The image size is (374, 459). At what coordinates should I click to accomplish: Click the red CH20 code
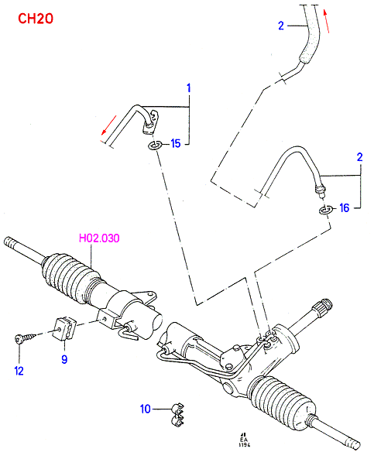(36, 19)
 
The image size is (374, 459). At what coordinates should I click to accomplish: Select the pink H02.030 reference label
(99, 238)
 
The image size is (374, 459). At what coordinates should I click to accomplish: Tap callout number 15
(176, 143)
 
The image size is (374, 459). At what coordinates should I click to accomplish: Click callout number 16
(345, 208)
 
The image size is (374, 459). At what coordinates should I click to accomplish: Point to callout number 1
(189, 87)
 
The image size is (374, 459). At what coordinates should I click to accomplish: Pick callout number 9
(64, 359)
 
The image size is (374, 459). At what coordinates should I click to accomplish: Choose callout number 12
(19, 371)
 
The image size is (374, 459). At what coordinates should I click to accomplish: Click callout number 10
(146, 409)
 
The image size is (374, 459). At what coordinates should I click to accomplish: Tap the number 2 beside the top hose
(281, 26)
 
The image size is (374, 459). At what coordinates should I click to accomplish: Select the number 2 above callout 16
(360, 157)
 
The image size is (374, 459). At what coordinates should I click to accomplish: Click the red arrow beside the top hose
(327, 21)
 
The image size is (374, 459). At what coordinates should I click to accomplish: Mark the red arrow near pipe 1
(108, 125)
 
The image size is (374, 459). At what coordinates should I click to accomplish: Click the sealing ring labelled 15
(155, 146)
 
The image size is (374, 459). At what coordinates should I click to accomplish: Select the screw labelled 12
(26, 337)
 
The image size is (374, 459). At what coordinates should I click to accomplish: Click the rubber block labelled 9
(65, 328)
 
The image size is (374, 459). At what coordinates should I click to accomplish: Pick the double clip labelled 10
(177, 413)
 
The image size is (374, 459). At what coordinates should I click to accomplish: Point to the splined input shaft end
(324, 307)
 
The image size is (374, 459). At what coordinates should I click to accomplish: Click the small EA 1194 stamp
(244, 440)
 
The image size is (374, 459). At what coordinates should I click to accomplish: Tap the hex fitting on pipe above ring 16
(320, 190)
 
